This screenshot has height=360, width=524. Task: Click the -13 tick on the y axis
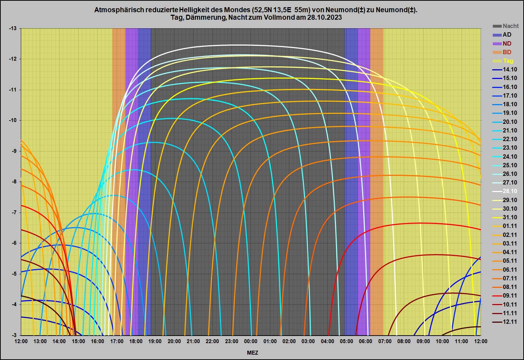point(13,28)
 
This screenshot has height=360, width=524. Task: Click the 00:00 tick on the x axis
point(251,341)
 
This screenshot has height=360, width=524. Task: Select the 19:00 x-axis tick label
point(155,341)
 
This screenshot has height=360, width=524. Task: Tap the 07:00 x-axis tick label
point(385,341)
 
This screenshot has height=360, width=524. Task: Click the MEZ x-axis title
point(252,353)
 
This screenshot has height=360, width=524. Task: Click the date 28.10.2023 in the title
point(324,17)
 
